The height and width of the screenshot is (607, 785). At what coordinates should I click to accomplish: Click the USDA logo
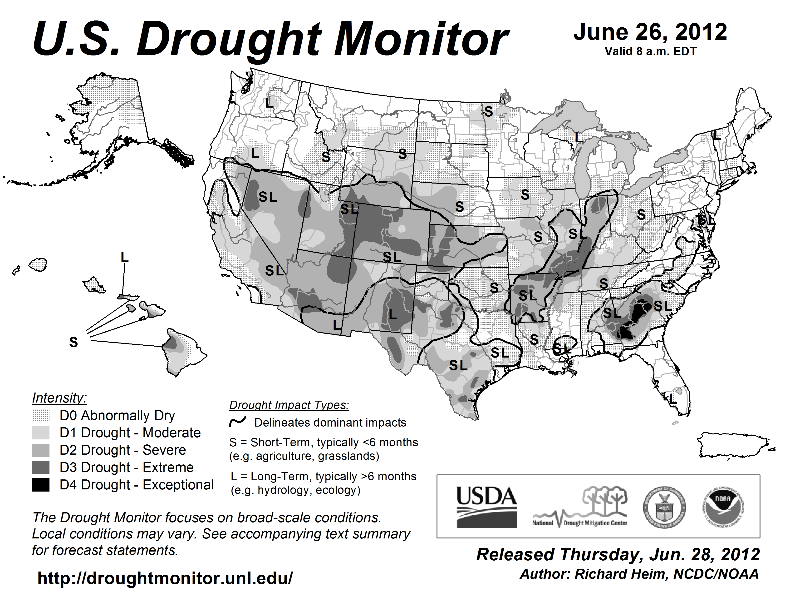(x=486, y=507)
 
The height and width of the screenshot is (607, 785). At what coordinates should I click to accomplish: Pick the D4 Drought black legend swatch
(x=41, y=485)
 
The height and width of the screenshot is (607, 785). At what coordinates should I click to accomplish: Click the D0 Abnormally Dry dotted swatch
(x=41, y=415)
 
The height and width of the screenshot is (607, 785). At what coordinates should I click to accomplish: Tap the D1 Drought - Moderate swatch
(x=41, y=433)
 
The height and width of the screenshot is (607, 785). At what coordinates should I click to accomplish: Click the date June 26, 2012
(x=650, y=32)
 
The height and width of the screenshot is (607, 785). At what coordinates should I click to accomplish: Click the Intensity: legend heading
(x=59, y=398)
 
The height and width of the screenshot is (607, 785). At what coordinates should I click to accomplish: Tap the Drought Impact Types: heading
(x=289, y=405)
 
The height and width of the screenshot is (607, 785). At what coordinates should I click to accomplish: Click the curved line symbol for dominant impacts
(x=238, y=422)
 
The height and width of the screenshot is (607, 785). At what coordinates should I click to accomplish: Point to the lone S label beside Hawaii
(x=73, y=342)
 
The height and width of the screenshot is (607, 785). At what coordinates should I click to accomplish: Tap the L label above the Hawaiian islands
(x=124, y=258)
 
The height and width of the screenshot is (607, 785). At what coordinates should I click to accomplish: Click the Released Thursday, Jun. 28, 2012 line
(x=618, y=554)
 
